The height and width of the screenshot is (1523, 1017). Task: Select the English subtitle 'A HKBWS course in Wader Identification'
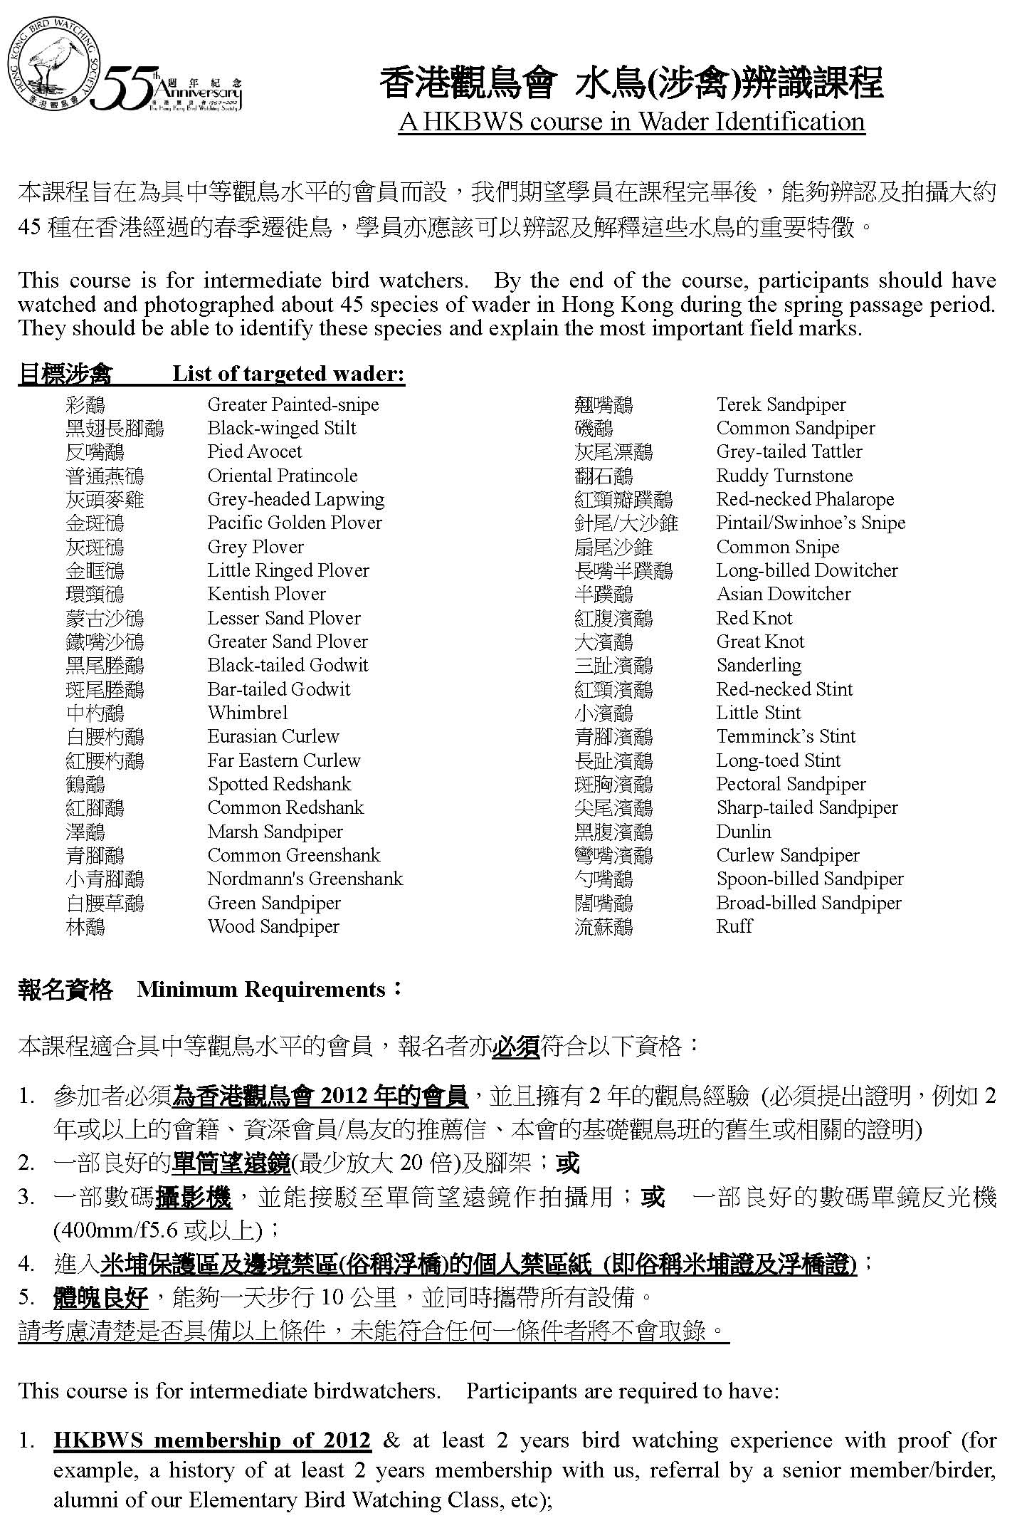pyautogui.click(x=631, y=122)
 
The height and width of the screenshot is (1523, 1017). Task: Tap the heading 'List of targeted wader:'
pyautogui.click(x=288, y=374)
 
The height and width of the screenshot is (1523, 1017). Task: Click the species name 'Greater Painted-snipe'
pyautogui.click(x=293, y=404)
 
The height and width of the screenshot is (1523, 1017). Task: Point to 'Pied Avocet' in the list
pyautogui.click(x=255, y=451)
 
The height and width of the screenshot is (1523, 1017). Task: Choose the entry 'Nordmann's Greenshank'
pyautogui.click(x=305, y=879)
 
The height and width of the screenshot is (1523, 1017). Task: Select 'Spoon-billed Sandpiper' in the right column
pyautogui.click(x=810, y=879)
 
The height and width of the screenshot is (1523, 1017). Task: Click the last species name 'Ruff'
pyautogui.click(x=734, y=926)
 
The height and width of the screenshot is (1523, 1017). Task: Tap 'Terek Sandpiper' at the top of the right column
pyautogui.click(x=781, y=404)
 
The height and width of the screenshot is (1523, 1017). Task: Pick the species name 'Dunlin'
pyautogui.click(x=744, y=832)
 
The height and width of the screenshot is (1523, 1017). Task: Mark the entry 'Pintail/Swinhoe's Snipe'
pyautogui.click(x=811, y=523)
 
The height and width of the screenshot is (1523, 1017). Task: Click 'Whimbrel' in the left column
pyautogui.click(x=248, y=713)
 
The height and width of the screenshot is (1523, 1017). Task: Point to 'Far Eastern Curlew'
pyautogui.click(x=284, y=760)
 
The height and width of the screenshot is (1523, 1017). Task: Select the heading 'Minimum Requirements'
pyautogui.click(x=261, y=990)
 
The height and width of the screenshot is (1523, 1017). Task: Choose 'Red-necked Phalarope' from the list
pyautogui.click(x=805, y=499)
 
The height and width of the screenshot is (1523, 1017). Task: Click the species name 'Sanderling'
pyautogui.click(x=759, y=665)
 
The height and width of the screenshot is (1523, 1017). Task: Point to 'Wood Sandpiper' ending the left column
pyautogui.click(x=273, y=926)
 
